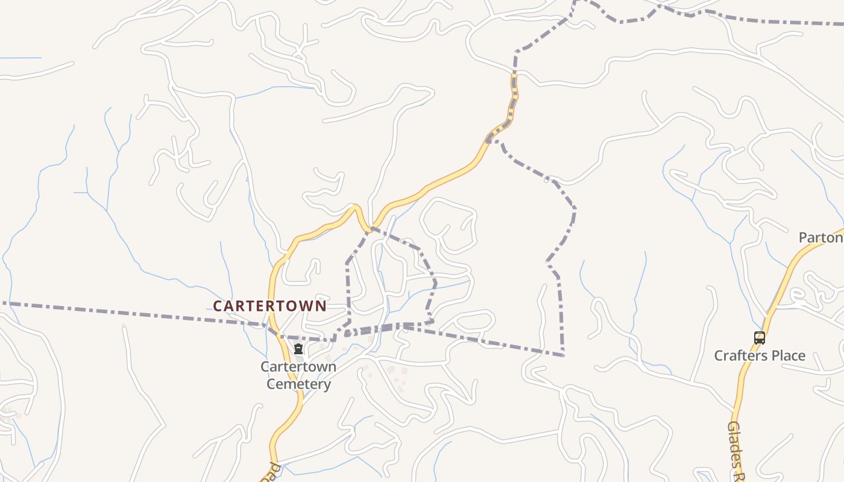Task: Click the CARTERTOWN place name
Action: [269, 306]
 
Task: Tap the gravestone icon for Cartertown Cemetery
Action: [298, 349]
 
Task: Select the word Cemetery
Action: [298, 384]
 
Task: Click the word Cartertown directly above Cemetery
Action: [298, 367]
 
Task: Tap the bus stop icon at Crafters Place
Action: [759, 338]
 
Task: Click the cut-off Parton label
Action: [820, 238]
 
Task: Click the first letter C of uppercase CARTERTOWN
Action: [218, 306]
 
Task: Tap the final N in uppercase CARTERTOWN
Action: [321, 306]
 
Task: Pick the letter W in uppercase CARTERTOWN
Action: [307, 306]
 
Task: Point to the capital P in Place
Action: [773, 355]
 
